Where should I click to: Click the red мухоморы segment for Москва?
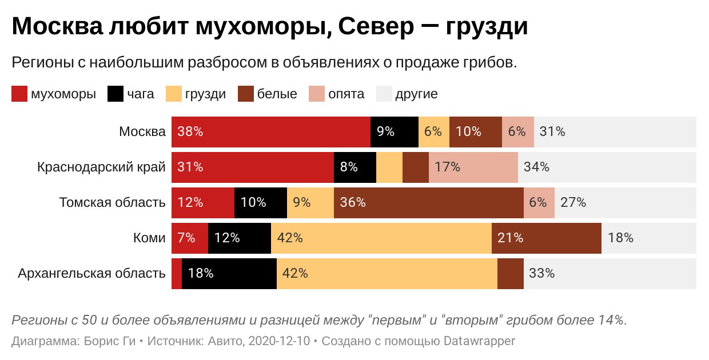coord(271,131)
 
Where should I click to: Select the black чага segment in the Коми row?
coord(239,238)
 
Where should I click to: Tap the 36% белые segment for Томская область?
coord(428,202)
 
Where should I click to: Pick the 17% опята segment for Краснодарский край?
coord(473,167)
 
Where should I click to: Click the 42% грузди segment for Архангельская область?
coord(387,273)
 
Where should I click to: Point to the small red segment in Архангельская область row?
coord(177,273)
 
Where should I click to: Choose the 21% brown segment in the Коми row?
coord(546,238)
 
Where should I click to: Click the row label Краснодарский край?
coord(101,167)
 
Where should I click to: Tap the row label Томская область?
coord(112,202)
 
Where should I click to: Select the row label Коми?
coord(149,238)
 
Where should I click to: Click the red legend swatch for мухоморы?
coord(19,94)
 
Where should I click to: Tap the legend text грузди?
coord(205,94)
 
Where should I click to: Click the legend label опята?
coord(346,94)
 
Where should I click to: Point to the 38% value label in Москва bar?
coord(190,131)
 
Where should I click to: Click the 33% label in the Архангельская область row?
coord(541,273)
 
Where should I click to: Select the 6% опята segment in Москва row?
coord(517,131)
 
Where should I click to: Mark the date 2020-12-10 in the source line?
coord(280,341)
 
